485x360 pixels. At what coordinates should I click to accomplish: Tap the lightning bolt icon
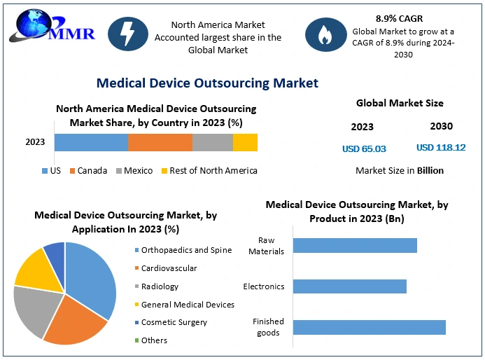[x=128, y=34]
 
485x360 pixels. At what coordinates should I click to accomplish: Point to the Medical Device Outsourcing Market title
[x=207, y=83]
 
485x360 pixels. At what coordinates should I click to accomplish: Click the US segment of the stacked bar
[x=91, y=142]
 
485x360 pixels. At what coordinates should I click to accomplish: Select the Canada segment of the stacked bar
[x=160, y=142]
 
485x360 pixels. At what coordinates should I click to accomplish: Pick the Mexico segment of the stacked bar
[x=212, y=142]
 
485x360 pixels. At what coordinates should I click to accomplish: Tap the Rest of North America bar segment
[x=245, y=142]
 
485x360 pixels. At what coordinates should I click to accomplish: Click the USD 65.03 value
[x=364, y=148]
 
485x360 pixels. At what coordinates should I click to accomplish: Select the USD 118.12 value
[x=441, y=148]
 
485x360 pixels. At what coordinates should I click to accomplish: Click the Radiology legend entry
[x=160, y=286]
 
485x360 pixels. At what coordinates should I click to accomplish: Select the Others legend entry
[x=154, y=340]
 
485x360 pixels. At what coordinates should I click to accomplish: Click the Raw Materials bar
[x=355, y=245]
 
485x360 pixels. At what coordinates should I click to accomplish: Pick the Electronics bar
[x=349, y=286]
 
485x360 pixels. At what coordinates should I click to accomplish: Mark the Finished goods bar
[x=369, y=327]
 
